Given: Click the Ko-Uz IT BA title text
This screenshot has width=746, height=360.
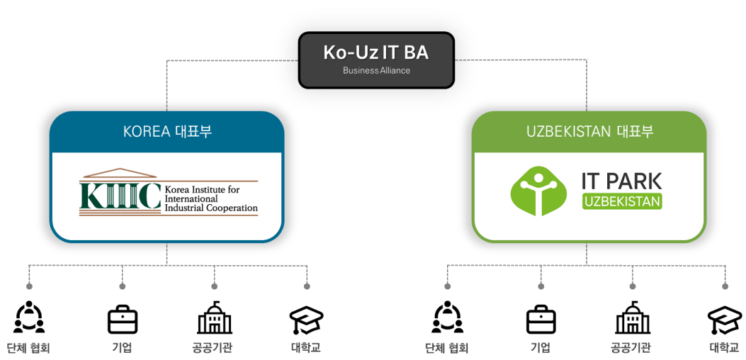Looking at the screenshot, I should (x=376, y=52).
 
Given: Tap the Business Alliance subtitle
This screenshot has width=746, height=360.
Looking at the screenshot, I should (x=376, y=71).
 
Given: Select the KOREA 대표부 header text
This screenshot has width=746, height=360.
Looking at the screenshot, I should (x=167, y=132).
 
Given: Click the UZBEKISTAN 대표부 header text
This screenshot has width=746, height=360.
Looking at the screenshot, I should (x=589, y=132).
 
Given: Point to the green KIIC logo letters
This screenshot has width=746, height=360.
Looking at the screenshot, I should (x=120, y=196).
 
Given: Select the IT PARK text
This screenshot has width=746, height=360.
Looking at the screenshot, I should (x=621, y=181).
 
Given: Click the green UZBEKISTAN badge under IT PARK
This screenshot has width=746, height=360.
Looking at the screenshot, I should (x=622, y=202).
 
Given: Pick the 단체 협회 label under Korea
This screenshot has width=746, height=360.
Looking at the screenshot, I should (x=28, y=348).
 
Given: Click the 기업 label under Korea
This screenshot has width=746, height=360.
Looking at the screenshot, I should (x=122, y=347).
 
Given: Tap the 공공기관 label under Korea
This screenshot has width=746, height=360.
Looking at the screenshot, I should (x=213, y=348).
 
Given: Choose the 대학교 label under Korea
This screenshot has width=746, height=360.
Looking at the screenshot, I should (x=306, y=348).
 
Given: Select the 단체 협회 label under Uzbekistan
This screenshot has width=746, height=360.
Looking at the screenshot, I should (x=447, y=348).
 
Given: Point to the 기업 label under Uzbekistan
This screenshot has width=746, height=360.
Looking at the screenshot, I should (x=541, y=347).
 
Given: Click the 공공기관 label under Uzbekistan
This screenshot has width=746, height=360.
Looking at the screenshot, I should (x=631, y=348).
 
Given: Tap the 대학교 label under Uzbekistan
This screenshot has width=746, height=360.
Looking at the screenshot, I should (x=725, y=348).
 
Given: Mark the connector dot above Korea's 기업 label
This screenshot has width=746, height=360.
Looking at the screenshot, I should (x=122, y=286).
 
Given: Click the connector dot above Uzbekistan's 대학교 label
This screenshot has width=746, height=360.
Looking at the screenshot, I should (x=725, y=286).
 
